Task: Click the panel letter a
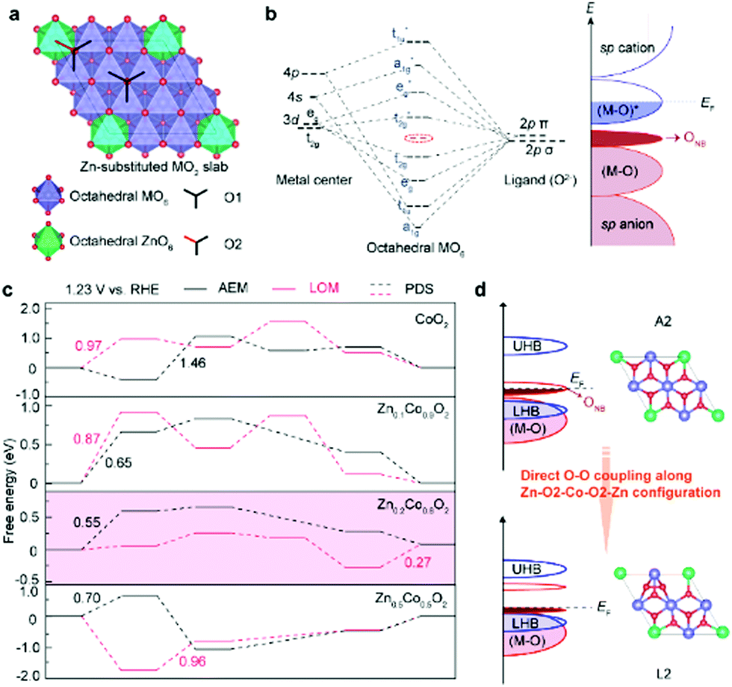click(x=12, y=13)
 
